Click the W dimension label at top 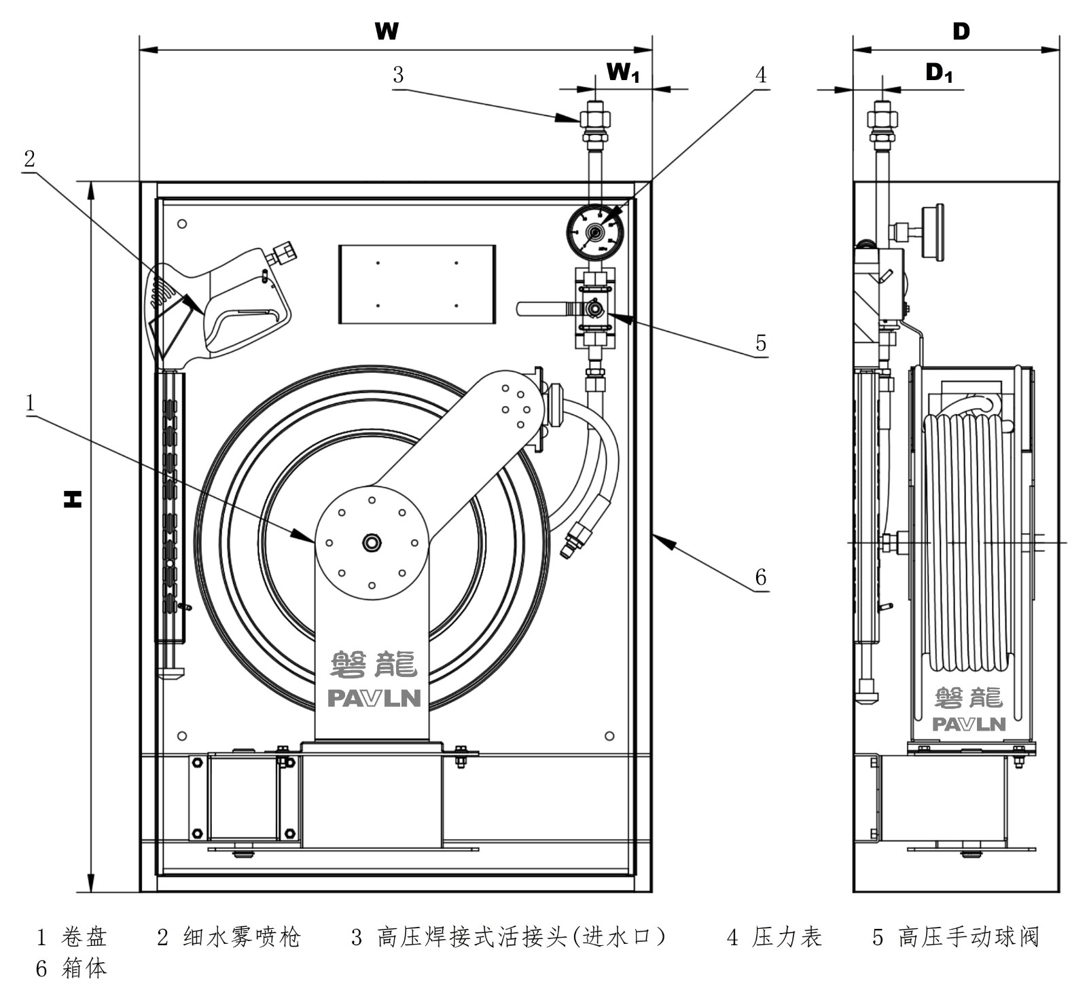387,31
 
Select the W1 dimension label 622,72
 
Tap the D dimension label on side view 961,31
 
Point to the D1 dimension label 939,73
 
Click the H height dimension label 73,499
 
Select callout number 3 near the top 398,75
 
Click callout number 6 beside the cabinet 761,577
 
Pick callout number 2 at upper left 29,159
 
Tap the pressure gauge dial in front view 595,233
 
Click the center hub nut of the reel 372,543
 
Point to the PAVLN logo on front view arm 374,698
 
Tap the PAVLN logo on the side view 968,724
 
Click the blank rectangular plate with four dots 416,285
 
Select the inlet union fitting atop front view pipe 594,122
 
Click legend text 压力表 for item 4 787,938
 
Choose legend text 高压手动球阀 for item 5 967,938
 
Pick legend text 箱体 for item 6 84,968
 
